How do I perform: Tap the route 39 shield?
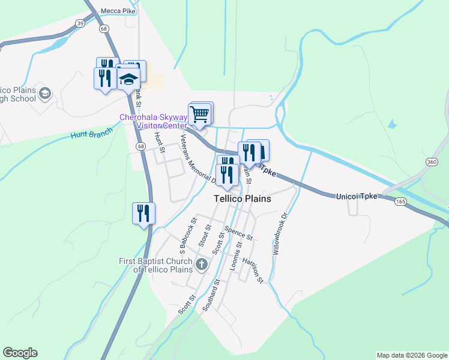pos(80,23)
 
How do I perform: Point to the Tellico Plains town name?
pos(243,199)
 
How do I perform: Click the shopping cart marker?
pos(199,113)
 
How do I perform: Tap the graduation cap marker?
pos(128,79)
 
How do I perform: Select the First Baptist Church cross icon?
pos(201,263)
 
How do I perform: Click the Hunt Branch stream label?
pos(91,135)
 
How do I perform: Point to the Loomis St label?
pos(235,257)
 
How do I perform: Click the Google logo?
pos(20,353)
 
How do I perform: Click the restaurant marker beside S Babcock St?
pos(144,213)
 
